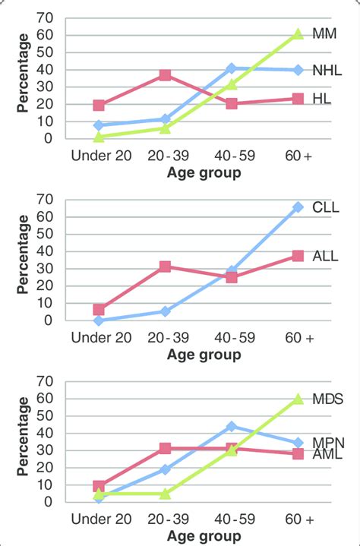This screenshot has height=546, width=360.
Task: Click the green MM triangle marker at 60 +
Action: click(296, 34)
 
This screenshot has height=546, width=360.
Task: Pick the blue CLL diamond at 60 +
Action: click(296, 207)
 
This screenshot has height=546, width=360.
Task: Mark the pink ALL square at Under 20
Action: click(98, 309)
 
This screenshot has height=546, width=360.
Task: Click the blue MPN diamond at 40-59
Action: click(231, 426)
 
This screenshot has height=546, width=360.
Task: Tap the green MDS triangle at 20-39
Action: click(165, 494)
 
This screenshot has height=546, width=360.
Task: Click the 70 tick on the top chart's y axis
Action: click(49, 17)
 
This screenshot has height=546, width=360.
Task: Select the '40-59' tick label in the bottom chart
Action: click(231, 519)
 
